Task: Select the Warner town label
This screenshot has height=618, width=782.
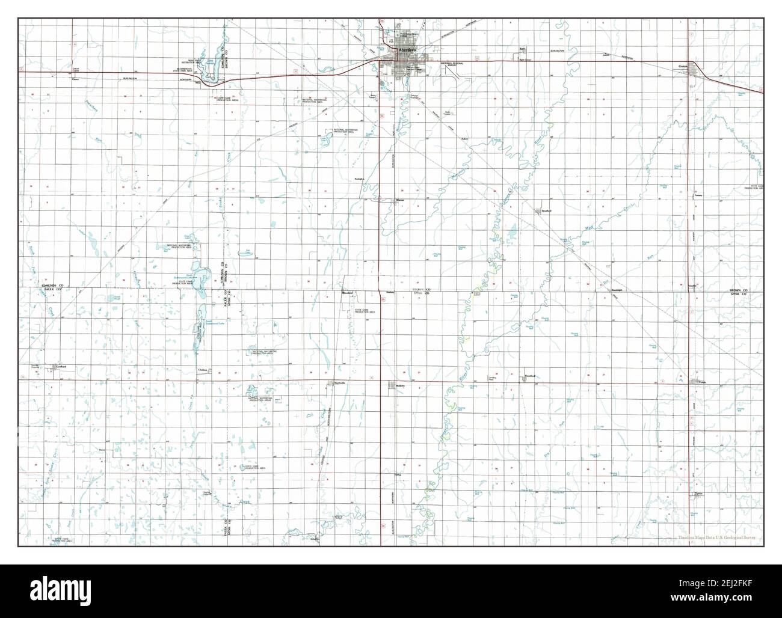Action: [399, 200]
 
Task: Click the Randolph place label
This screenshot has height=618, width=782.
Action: [616, 290]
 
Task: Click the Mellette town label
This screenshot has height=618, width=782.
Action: [402, 385]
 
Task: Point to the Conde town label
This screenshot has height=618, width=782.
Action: [701, 381]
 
